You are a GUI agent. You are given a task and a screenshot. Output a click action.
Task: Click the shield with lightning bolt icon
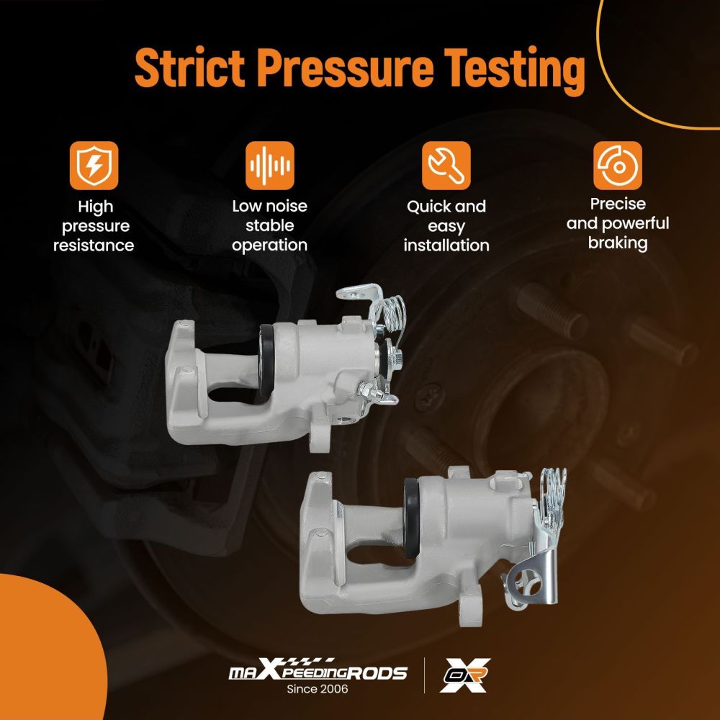94,166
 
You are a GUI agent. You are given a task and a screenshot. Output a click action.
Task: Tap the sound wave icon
270,166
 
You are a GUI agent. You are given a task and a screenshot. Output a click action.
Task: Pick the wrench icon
446,166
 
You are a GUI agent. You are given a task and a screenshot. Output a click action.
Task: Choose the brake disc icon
618,166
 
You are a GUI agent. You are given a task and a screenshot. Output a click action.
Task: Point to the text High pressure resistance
94,226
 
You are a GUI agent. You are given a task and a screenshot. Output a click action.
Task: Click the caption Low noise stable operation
269,226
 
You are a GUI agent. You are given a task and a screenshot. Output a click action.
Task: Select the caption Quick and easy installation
446,226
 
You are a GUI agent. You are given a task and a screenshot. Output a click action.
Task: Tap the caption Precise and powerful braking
618,224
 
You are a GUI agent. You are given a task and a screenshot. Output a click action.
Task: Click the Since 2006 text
318,689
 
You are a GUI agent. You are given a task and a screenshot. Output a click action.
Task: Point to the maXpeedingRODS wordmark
318,670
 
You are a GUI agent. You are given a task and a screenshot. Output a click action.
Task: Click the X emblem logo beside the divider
464,675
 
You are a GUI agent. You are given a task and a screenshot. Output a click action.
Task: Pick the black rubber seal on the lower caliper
411,518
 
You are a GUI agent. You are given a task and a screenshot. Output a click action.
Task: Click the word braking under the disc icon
618,243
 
